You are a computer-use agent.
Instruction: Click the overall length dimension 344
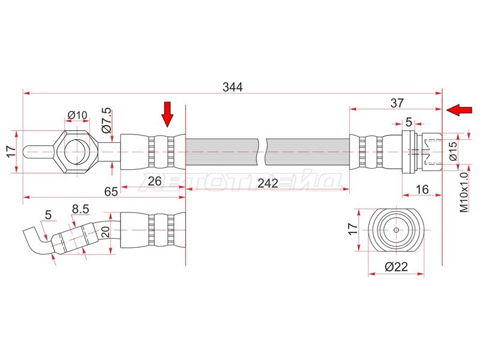[232, 87]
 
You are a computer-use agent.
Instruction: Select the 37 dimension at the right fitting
[397, 103]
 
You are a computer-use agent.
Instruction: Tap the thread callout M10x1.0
[463, 192]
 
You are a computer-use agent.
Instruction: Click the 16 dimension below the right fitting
[421, 190]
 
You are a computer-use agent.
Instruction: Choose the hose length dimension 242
[267, 184]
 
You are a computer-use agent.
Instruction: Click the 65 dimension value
[110, 192]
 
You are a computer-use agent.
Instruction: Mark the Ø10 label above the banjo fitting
[77, 115]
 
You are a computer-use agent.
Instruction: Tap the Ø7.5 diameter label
[106, 120]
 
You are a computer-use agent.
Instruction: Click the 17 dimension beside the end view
[353, 229]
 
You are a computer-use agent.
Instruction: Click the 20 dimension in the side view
[106, 233]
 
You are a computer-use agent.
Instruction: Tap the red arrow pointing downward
[167, 113]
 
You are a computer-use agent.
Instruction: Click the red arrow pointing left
[459, 110]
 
